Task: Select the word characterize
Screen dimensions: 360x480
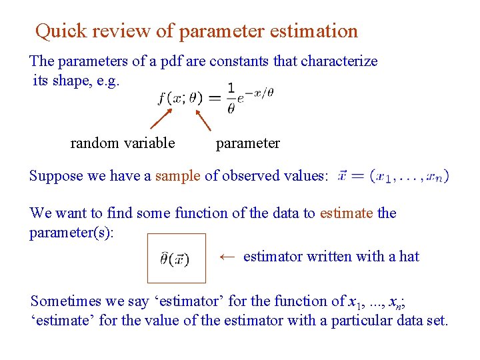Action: coord(339,61)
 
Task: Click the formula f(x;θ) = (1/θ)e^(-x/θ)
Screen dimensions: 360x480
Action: coord(215,98)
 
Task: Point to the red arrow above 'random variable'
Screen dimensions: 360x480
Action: coord(161,118)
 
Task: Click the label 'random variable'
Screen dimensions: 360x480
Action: coord(123,143)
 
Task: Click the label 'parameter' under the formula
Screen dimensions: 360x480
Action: coord(248,143)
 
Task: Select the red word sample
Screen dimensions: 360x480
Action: coord(177,176)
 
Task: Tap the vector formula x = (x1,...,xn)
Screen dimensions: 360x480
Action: coord(393,176)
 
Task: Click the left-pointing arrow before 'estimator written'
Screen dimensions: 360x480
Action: coord(227,257)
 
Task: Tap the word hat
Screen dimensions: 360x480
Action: coord(409,257)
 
